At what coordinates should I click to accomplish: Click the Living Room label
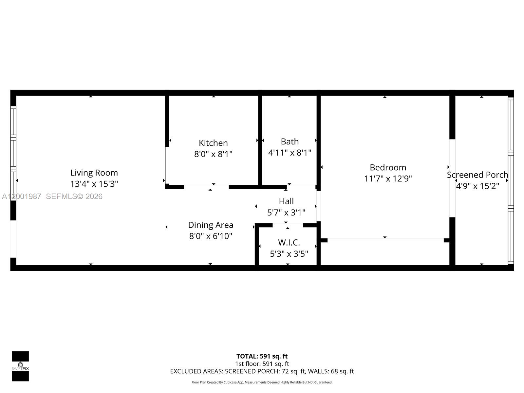point(94,173)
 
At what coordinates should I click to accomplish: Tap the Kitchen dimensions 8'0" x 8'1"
point(213,154)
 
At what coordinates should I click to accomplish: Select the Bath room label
point(290,141)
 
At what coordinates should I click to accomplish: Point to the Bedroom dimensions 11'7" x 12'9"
point(388,178)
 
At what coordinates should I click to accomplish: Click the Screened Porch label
point(477,175)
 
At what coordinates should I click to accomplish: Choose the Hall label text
point(286,201)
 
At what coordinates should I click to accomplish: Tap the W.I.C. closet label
point(289,243)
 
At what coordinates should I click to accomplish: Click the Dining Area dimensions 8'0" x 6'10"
point(211,236)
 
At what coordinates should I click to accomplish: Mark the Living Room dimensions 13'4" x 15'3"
point(94,184)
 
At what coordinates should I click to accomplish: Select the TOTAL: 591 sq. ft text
point(262,356)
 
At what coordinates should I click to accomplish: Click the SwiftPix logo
point(20,366)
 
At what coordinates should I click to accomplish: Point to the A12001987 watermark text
point(22,196)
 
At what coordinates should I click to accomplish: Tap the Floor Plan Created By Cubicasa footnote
point(262,382)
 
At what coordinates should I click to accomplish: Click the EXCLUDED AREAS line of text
point(262,371)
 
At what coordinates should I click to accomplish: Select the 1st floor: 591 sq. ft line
point(262,364)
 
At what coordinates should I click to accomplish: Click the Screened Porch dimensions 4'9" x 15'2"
point(477,186)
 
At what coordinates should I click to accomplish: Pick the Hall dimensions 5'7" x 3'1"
point(286,213)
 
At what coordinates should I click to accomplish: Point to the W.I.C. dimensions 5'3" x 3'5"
point(289,254)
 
